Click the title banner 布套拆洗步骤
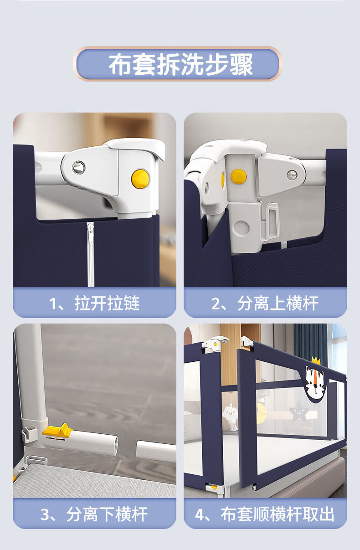click(177, 64)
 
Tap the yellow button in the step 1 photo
click(140, 179)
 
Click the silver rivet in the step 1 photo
click(78, 168)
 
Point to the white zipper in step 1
click(91, 254)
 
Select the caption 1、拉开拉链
click(94, 303)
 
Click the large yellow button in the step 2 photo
click(238, 176)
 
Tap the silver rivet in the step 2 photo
click(292, 175)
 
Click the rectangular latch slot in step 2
click(273, 220)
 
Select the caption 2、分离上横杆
click(265, 303)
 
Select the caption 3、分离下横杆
click(94, 514)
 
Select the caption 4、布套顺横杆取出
click(265, 514)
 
